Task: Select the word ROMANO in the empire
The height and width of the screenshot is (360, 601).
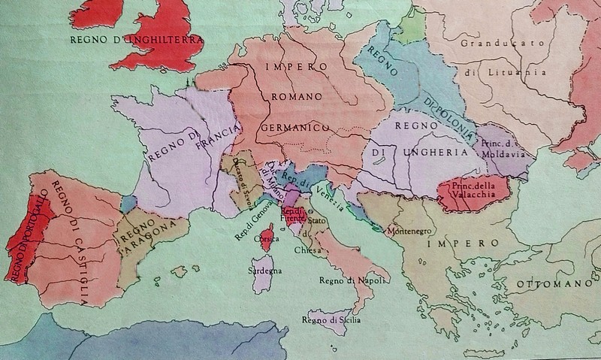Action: [x=297, y=97]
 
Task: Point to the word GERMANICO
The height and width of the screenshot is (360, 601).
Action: [x=297, y=128]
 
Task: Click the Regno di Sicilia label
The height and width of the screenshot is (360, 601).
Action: [x=331, y=321]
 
